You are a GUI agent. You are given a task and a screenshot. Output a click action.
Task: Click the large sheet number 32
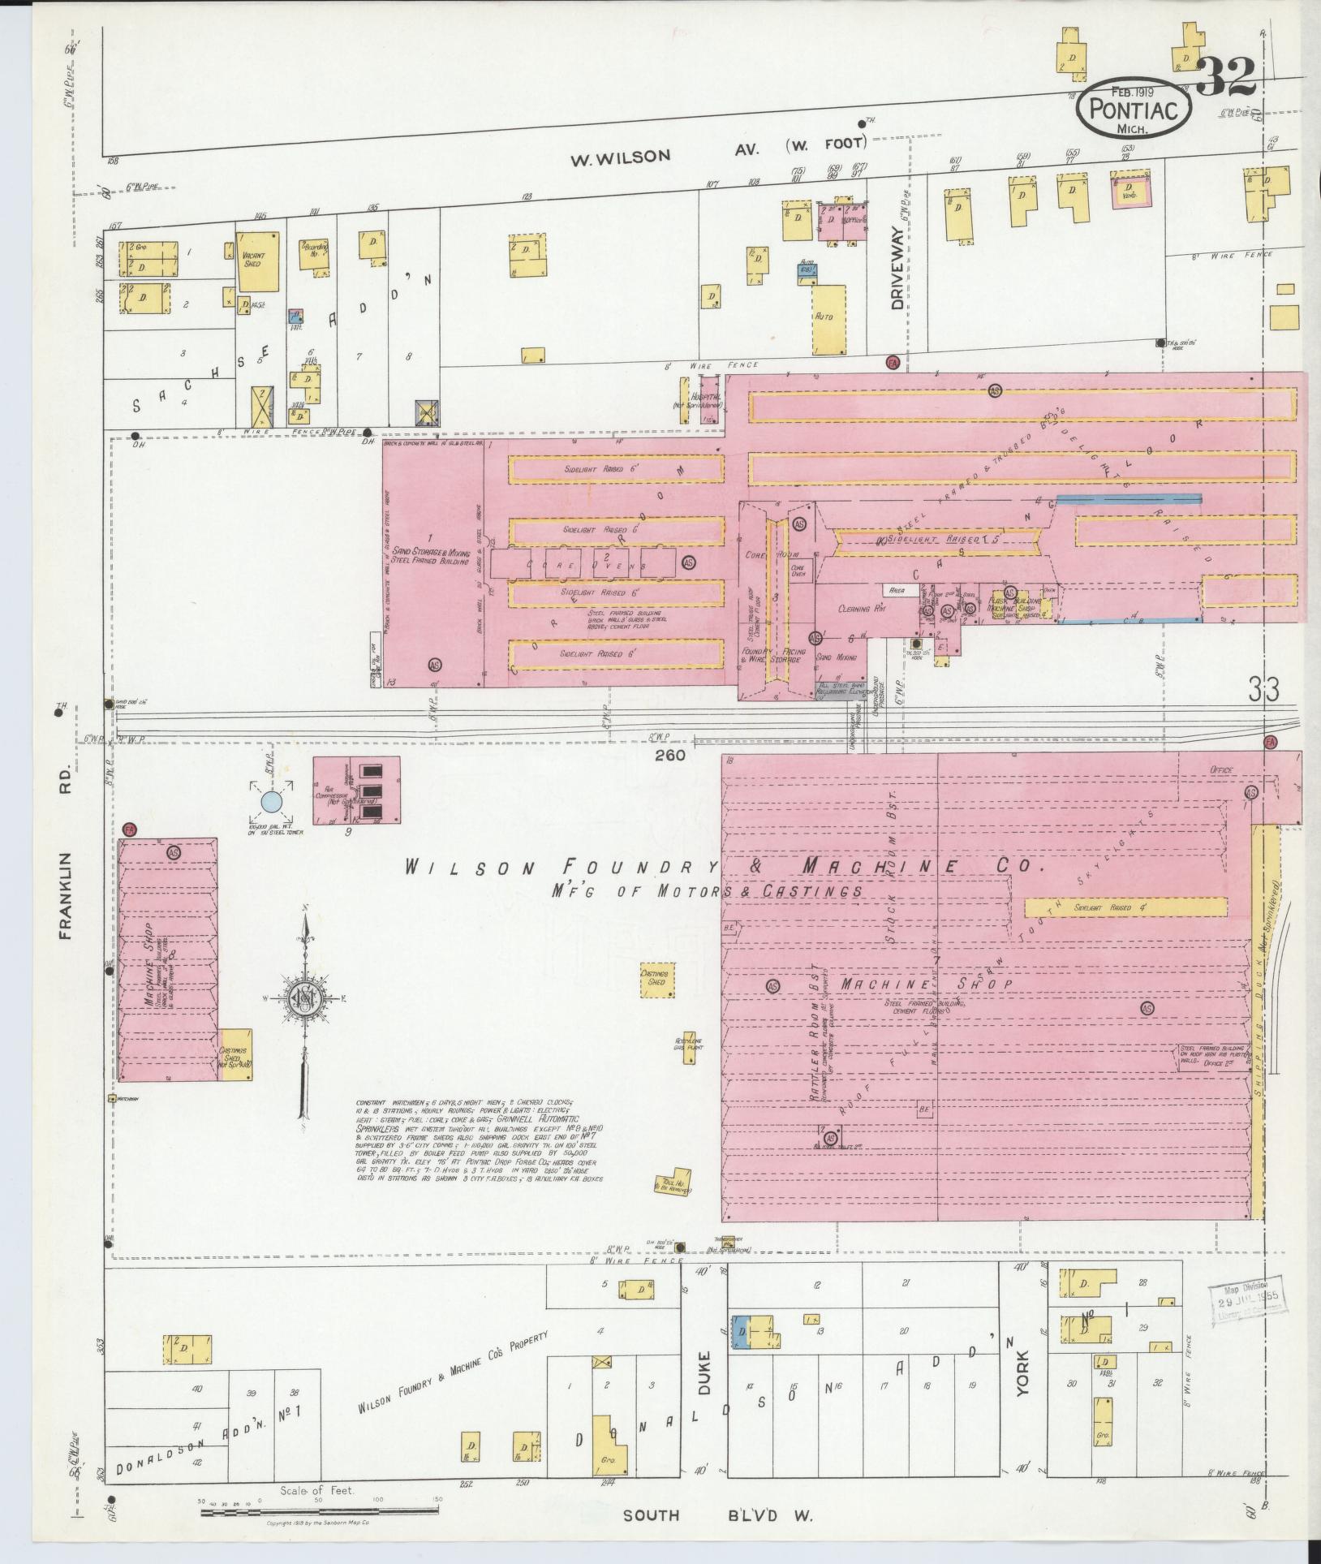click(x=1226, y=77)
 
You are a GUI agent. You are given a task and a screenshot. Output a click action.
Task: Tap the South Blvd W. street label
click(x=717, y=1514)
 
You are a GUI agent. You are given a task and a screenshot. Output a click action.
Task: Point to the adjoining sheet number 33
click(x=1263, y=691)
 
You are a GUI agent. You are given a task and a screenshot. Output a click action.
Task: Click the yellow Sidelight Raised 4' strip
click(x=1125, y=907)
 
